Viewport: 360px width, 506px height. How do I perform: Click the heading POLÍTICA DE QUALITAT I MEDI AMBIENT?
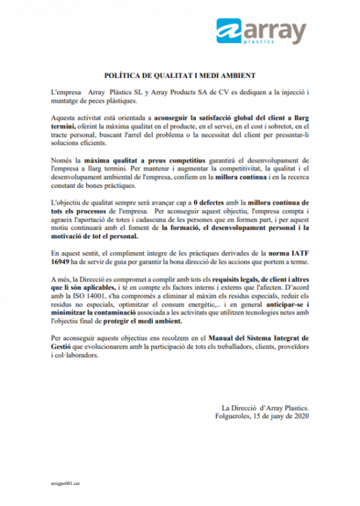[180, 76]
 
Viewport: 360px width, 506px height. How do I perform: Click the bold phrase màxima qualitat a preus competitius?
[140, 159]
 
